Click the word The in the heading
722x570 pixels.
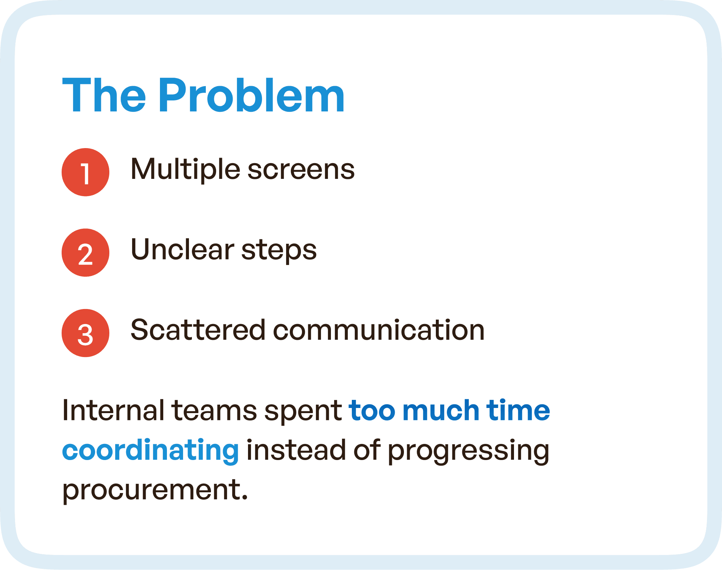click(x=104, y=96)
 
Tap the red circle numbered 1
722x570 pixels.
click(x=85, y=172)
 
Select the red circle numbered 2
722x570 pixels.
click(x=85, y=253)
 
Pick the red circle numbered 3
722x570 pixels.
click(x=85, y=333)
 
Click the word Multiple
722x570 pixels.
click(x=185, y=170)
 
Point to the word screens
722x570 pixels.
click(x=301, y=170)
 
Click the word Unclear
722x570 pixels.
click(x=182, y=250)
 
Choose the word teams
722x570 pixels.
click(x=214, y=410)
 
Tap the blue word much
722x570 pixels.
click(x=441, y=410)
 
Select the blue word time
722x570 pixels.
click(x=518, y=410)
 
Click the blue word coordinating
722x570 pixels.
click(x=150, y=451)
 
